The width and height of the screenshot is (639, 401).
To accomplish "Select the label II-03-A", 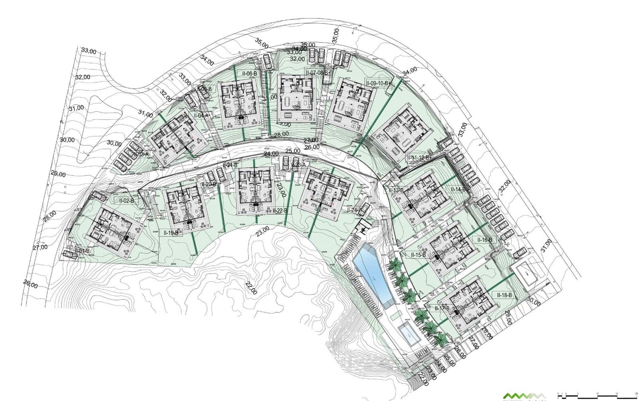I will (x=141, y=154).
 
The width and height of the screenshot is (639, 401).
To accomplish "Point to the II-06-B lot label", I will (x=249, y=73).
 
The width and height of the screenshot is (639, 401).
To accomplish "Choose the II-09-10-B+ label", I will (x=378, y=83).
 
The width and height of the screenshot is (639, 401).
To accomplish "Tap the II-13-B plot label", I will (x=396, y=191).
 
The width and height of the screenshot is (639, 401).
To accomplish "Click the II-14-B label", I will (x=458, y=190).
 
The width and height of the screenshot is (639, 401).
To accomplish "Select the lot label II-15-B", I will (x=419, y=254).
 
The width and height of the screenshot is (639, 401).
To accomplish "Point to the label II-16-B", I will (x=485, y=240).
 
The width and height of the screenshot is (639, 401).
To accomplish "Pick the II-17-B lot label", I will (x=442, y=308).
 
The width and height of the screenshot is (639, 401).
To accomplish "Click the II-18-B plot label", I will (x=504, y=295).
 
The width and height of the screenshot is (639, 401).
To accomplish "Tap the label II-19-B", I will (x=171, y=232).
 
